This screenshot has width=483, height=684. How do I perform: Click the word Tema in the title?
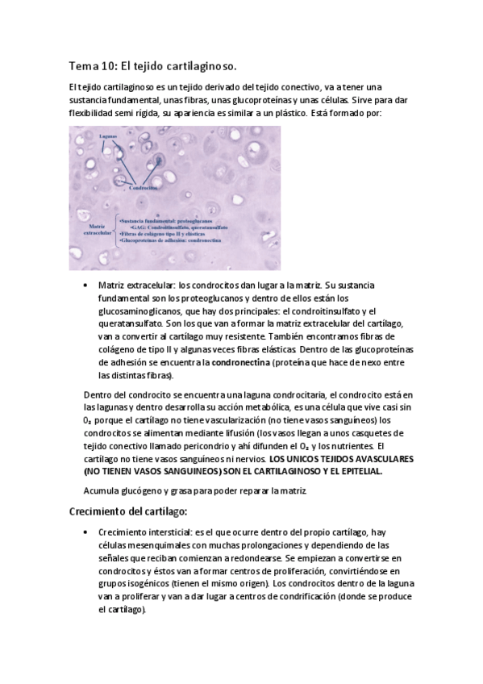[x=81, y=65]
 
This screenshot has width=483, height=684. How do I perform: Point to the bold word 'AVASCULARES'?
[x=376, y=459]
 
